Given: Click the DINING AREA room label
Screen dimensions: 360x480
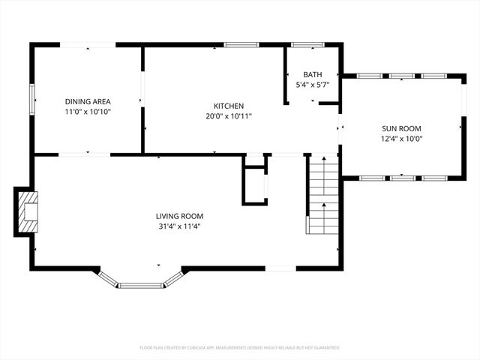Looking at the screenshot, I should [x=88, y=101].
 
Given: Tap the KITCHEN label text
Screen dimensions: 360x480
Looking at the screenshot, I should [x=229, y=106].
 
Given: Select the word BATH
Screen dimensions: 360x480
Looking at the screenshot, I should [x=313, y=75].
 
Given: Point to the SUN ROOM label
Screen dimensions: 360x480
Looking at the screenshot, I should [x=403, y=128].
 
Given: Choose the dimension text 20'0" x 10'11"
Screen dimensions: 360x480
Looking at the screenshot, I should [x=229, y=116].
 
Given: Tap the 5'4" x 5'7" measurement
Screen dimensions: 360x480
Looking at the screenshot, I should [x=313, y=85].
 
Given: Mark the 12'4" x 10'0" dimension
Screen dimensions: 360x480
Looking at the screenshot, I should [x=403, y=138].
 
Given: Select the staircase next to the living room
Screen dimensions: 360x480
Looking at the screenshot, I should [x=324, y=195].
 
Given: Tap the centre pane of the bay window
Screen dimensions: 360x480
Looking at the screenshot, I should [x=142, y=285].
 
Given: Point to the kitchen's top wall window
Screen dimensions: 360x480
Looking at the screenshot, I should [x=241, y=45].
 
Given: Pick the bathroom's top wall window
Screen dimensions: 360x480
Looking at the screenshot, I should [x=307, y=45].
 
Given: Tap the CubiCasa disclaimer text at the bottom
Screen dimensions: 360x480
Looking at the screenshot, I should [x=240, y=347].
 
